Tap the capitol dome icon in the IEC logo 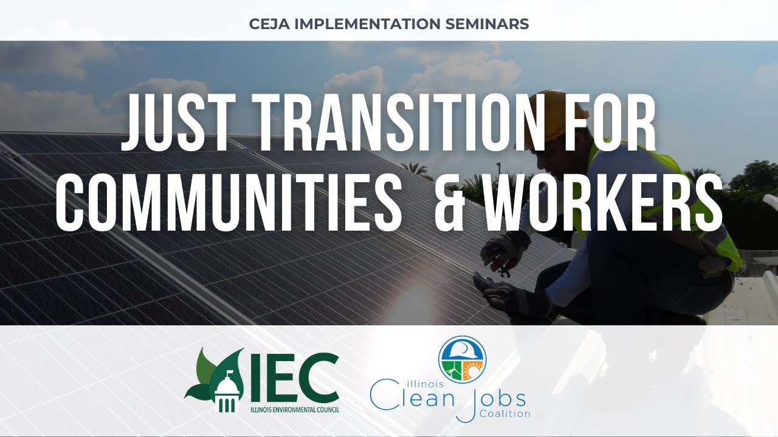pos(229,388)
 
